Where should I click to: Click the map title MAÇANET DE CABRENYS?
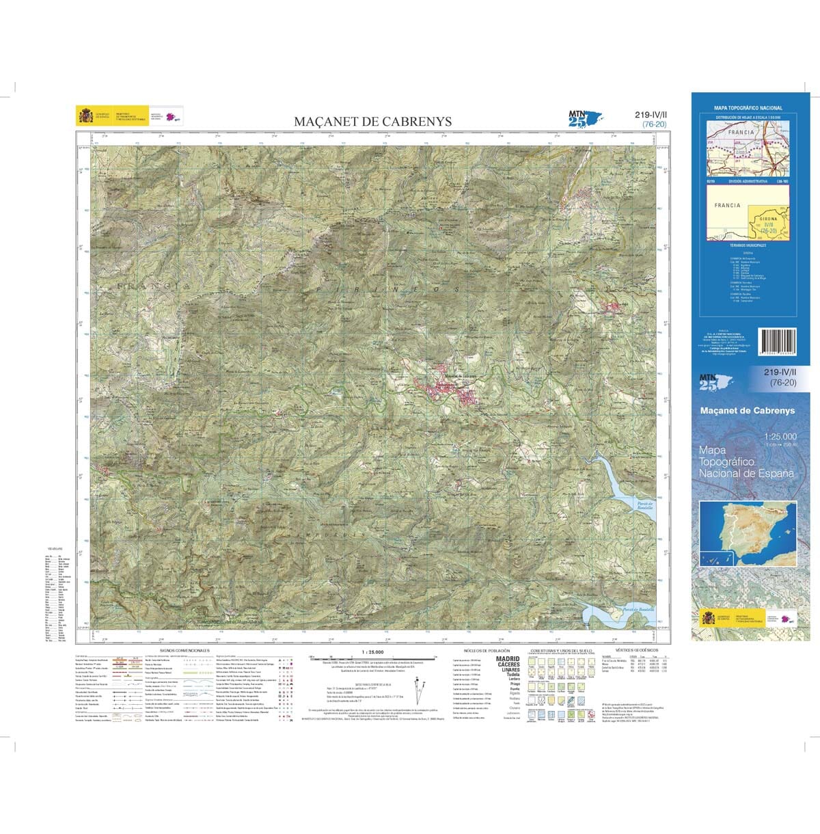point(372,122)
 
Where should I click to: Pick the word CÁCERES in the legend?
point(508,664)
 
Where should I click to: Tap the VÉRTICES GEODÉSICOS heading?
point(636,650)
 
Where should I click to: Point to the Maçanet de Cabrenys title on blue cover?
point(748,411)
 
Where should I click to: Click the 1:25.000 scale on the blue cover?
point(780,437)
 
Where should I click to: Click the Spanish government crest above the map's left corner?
point(86,116)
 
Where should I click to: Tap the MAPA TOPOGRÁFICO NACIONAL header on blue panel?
point(748,108)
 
